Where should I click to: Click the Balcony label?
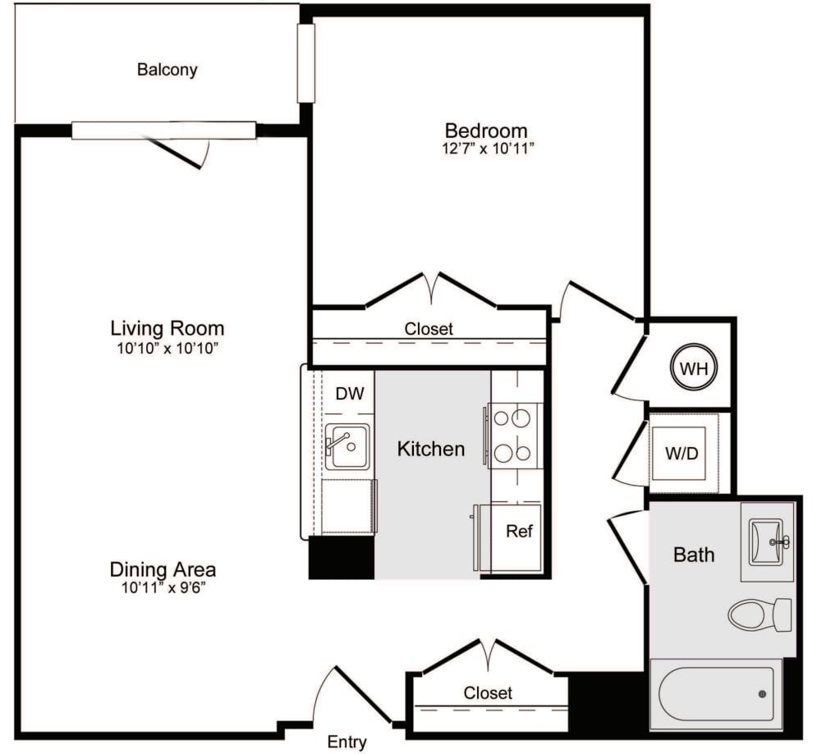(x=167, y=70)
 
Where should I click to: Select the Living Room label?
(x=167, y=328)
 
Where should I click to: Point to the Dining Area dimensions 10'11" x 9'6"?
(x=163, y=587)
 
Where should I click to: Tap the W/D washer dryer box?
(x=682, y=453)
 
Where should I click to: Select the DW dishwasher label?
(x=349, y=394)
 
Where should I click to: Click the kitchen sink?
(x=347, y=446)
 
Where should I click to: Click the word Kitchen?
(x=430, y=449)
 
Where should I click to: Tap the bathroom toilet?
(x=759, y=615)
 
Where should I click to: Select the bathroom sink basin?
(x=767, y=542)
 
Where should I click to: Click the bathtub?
(x=714, y=694)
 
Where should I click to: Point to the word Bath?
(x=693, y=555)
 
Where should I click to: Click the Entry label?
(x=347, y=743)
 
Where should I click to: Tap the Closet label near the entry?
(x=488, y=693)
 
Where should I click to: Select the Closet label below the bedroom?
(x=428, y=329)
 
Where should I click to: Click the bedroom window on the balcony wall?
(x=305, y=63)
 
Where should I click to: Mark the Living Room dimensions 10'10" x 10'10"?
(x=167, y=349)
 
